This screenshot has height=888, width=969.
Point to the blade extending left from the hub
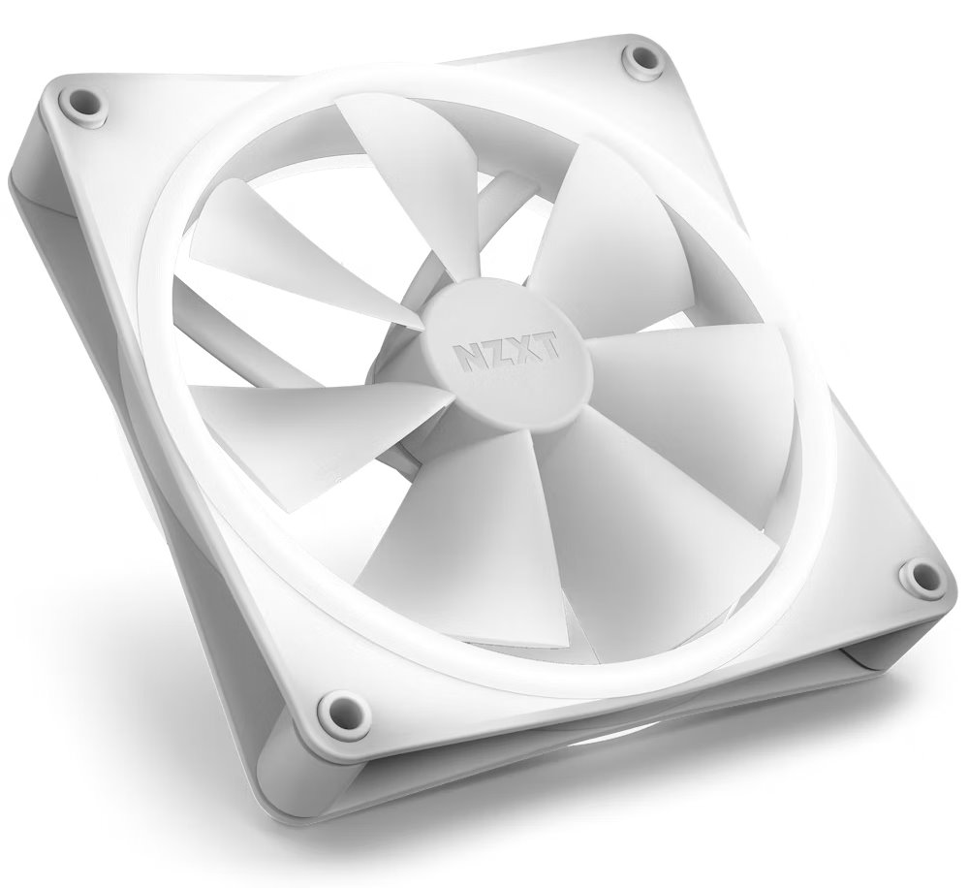[x=310, y=427]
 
